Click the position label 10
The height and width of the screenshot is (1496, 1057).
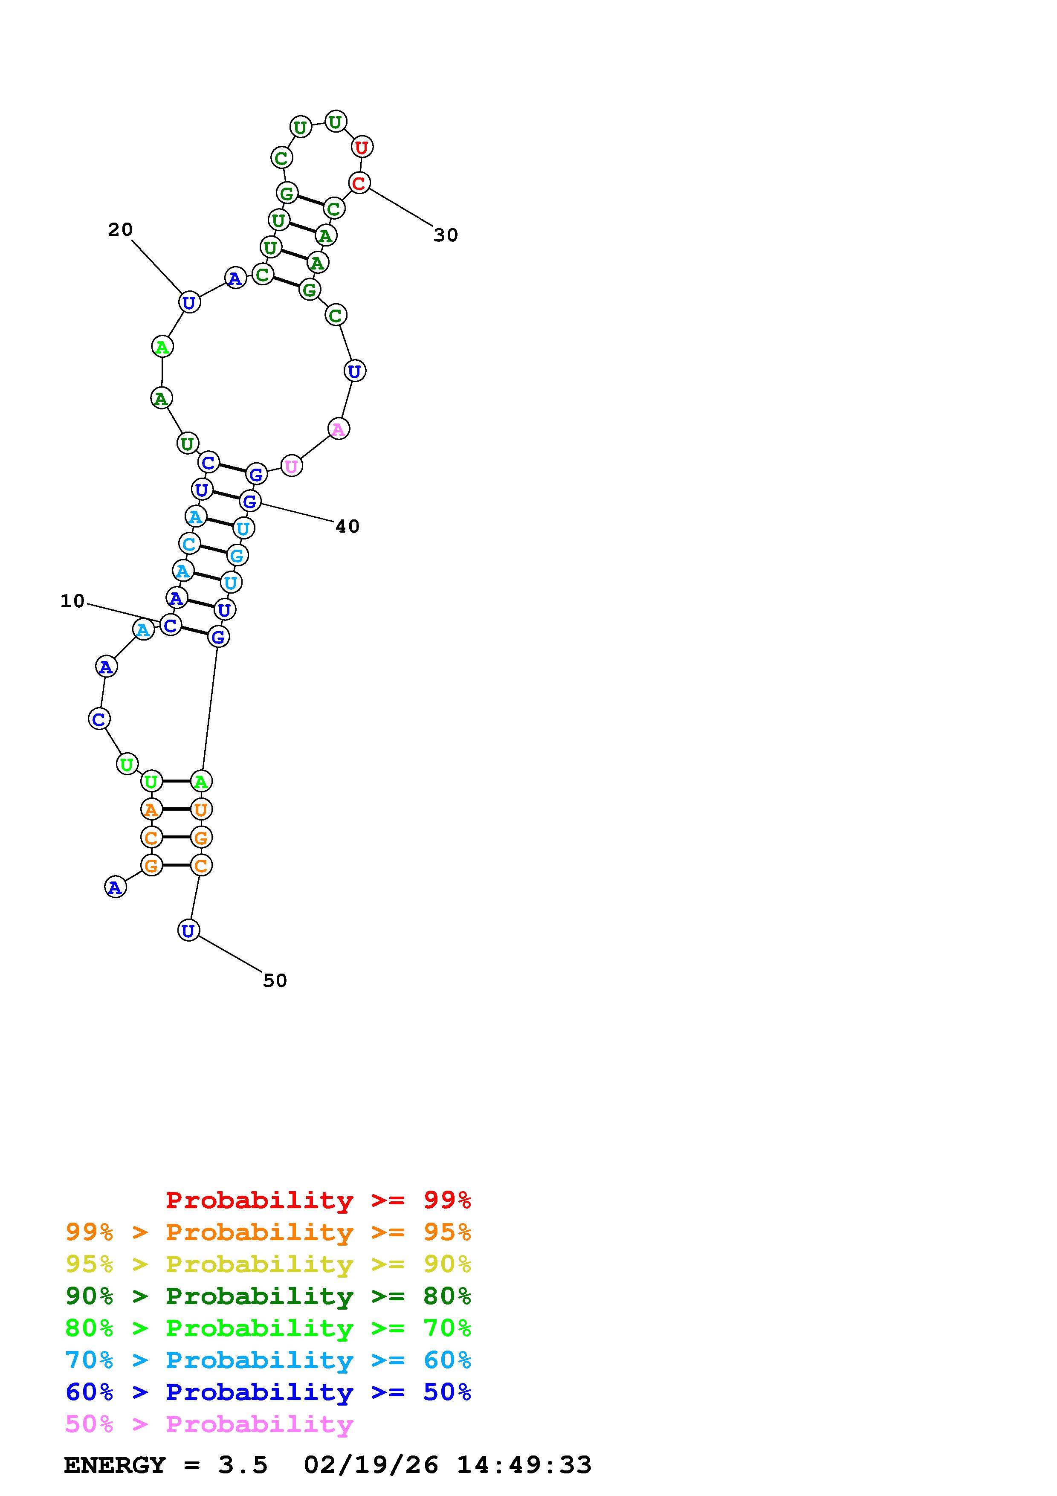pos(72,601)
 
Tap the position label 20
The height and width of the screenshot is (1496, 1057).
pos(121,229)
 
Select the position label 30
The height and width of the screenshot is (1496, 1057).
pos(446,235)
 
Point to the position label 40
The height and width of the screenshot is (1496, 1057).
pos(348,527)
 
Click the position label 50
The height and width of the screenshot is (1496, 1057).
pos(275,980)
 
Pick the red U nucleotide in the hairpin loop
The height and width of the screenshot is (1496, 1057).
pos(362,147)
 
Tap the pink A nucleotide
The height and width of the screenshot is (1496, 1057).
pos(338,429)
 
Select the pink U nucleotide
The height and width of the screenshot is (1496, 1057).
pos(291,467)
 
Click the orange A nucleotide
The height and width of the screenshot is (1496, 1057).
pos(151,810)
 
